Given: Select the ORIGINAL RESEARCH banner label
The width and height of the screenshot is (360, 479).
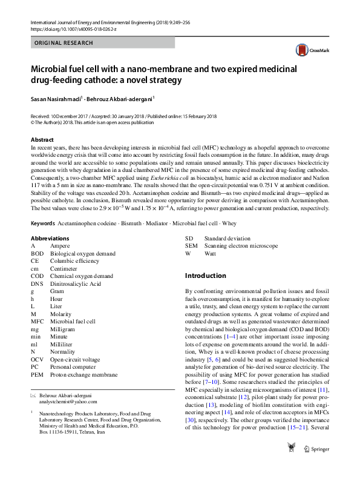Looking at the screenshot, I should coord(64,43).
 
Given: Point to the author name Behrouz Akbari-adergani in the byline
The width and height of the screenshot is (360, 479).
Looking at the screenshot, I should coord(120,98).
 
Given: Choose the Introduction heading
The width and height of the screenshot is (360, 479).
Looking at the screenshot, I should coord(205,276).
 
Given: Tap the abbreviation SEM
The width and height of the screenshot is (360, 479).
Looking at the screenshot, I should coord(191,246).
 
